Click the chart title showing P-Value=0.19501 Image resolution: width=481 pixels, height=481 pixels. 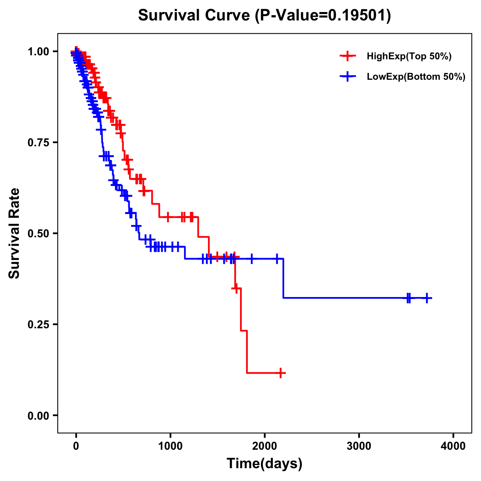point(264,16)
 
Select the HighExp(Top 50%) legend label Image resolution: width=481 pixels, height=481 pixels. point(409,57)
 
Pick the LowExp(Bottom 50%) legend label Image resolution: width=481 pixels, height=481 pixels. point(416,77)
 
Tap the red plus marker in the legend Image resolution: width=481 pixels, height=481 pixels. point(348,56)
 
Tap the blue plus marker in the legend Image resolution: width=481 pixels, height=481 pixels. point(348,76)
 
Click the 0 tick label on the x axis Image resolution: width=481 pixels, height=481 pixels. point(76,446)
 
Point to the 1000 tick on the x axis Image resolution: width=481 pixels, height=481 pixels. point(170,446)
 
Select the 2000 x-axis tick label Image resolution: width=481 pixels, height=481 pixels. point(265,446)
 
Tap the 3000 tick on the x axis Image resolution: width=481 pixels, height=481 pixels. point(359,446)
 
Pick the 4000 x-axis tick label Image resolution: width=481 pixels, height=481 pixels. point(453,446)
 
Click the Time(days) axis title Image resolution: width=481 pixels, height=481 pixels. point(265,464)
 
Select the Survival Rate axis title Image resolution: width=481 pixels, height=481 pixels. point(14,233)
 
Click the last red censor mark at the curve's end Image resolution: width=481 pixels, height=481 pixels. point(281,373)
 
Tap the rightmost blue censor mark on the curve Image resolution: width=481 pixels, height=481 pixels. point(427,298)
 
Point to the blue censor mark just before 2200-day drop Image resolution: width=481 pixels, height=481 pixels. point(277,259)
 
